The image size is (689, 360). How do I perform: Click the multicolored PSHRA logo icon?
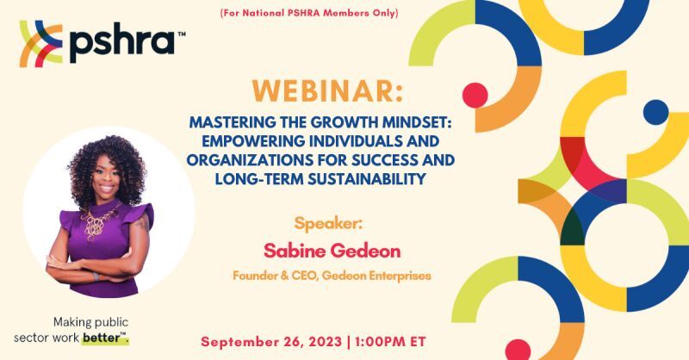click(x=40, y=44)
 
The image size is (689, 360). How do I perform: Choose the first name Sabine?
click(x=295, y=251)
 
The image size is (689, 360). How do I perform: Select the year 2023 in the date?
click(x=325, y=342)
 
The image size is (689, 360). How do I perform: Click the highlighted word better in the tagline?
click(x=104, y=338)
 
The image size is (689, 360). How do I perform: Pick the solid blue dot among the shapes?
click(x=655, y=112)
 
